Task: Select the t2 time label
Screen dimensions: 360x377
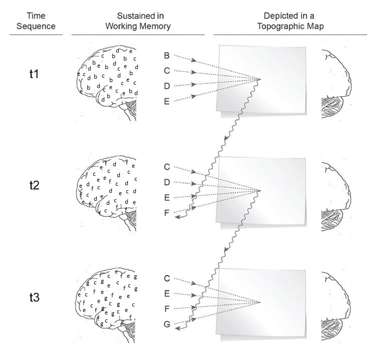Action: (34, 185)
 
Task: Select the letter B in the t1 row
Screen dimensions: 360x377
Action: (167, 53)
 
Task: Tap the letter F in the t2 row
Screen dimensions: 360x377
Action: (167, 214)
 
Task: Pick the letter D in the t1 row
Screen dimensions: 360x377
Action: (167, 86)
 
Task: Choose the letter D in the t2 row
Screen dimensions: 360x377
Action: (167, 182)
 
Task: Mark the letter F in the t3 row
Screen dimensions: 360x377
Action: (167, 309)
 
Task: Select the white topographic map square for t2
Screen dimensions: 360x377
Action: (261, 190)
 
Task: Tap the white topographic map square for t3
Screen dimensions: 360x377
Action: (261, 302)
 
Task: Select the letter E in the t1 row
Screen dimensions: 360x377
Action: (167, 101)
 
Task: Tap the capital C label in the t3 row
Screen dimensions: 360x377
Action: (167, 278)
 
